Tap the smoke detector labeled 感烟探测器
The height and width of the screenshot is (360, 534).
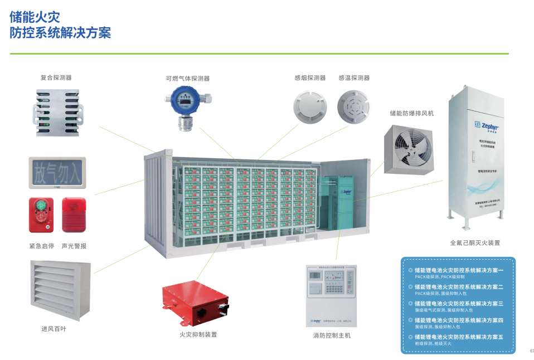[x=309, y=108]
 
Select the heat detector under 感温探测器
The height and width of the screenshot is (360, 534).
[x=353, y=107]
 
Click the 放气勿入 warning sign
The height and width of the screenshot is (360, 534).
[x=58, y=172]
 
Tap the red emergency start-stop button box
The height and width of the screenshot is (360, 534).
[x=41, y=215]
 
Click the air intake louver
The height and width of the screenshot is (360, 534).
[x=60, y=290]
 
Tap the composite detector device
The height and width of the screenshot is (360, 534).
[x=57, y=112]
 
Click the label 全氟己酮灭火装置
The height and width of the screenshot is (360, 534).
[x=474, y=243]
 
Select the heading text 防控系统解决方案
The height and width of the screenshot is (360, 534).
[x=60, y=33]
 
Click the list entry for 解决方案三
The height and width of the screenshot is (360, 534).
[x=458, y=304]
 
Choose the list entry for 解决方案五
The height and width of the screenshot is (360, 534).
[x=458, y=337]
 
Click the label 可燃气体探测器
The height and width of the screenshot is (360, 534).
[x=187, y=79]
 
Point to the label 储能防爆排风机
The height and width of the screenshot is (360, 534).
[x=411, y=113]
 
